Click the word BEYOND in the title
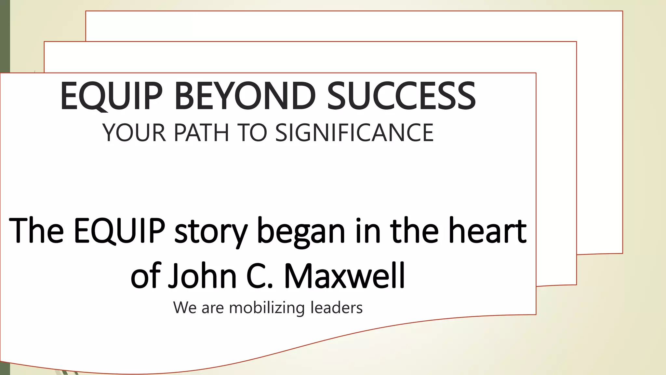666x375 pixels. coord(245,96)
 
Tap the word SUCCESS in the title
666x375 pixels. coord(401,96)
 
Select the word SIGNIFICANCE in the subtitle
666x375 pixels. coord(354,133)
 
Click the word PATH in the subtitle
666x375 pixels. coord(202,133)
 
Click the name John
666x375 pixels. coord(202,276)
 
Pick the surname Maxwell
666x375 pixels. coord(345,276)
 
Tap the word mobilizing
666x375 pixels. coord(267,308)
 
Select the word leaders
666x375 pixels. coord(336,308)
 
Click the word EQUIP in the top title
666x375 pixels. coord(111,97)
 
